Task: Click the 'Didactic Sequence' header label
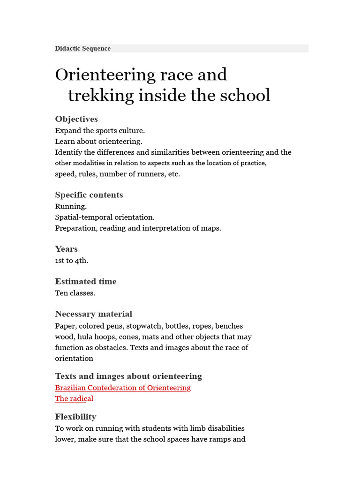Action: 83,48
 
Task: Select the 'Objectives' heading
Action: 76,119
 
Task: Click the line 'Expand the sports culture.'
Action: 100,131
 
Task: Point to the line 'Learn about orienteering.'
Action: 98,141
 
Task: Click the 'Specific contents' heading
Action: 89,195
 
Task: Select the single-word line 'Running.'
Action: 71,206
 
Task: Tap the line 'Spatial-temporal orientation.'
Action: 105,217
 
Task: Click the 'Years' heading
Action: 66,248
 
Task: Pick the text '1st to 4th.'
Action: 71,261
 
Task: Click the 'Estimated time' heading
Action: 86,281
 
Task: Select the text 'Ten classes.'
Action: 75,293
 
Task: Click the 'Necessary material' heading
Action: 94,314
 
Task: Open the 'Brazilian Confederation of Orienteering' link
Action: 123,388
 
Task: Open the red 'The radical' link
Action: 74,398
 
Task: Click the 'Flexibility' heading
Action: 75,416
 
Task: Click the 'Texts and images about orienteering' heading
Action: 128,376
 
